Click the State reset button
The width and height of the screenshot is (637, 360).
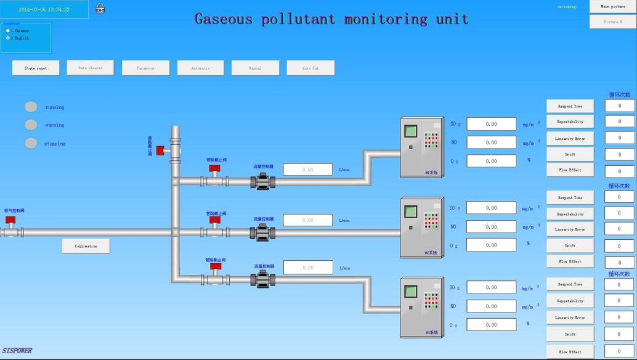click(36, 68)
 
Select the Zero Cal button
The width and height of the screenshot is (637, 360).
click(310, 68)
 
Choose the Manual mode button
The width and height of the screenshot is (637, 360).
click(255, 68)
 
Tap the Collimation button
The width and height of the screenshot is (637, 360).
click(86, 246)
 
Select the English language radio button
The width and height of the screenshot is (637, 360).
click(8, 38)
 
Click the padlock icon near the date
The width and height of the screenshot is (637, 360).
click(100, 9)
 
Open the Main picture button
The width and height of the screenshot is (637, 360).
click(612, 7)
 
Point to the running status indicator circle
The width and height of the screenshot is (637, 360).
click(31, 107)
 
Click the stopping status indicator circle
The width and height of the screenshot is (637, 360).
click(31, 143)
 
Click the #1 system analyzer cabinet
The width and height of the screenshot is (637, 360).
click(421, 147)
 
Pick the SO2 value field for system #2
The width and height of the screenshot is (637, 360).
click(491, 208)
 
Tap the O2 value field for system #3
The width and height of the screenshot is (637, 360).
click(491, 324)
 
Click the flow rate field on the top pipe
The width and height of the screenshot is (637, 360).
click(307, 169)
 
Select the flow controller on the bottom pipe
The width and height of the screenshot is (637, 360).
click(262, 279)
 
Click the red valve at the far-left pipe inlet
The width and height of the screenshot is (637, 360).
click(10, 221)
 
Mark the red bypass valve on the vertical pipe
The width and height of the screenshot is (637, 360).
click(160, 150)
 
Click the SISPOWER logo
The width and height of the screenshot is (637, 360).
click(17, 351)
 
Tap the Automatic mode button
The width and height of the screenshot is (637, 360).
click(200, 68)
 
